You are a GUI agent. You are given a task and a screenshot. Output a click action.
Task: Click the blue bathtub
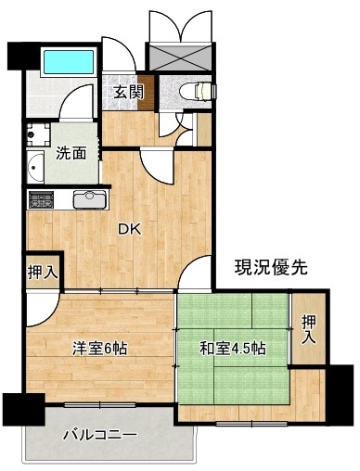tap(69, 62)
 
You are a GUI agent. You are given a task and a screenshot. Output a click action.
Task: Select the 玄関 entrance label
tap(129, 92)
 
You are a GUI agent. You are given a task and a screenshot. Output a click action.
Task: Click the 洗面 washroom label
tap(71, 153)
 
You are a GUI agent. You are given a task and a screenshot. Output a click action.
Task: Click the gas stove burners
tap(41, 199)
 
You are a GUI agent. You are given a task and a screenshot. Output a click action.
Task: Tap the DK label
tap(130, 230)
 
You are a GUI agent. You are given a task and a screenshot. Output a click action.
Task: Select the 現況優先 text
tap(271, 267)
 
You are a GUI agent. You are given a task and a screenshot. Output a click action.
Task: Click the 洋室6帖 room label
tap(99, 349)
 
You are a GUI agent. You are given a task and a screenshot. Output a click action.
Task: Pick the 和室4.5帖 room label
tap(233, 349)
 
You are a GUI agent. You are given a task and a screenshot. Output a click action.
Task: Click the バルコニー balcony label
tap(99, 435)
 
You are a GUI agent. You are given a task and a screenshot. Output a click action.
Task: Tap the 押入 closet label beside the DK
tap(43, 273)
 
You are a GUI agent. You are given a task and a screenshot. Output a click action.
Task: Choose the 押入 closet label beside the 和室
tap(309, 329)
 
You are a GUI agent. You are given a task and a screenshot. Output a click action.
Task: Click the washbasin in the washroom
tap(35, 167)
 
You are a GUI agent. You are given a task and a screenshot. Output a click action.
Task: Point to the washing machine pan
tap(38, 134)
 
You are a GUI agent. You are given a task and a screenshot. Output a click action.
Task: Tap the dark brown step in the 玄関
tap(146, 93)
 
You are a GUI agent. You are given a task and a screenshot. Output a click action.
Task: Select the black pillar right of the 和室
tap(341, 396)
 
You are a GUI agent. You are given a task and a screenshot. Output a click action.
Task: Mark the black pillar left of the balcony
tap(24, 410)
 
